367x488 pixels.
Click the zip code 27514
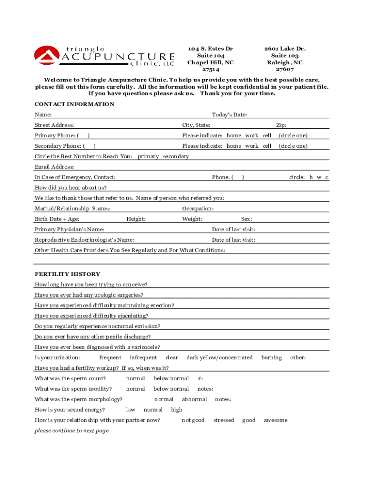click(x=210, y=70)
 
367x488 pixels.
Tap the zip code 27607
click(x=285, y=70)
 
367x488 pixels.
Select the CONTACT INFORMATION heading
click(x=74, y=104)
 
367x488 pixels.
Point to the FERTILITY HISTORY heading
click(x=67, y=274)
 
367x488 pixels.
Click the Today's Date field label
click(x=229, y=114)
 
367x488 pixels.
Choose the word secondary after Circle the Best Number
click(x=176, y=156)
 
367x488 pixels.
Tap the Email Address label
click(x=54, y=167)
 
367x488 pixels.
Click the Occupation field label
click(x=198, y=209)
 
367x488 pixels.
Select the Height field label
click(x=136, y=219)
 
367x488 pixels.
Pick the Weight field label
click(x=192, y=219)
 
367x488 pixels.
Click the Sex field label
click(x=246, y=219)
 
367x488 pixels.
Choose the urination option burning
click(x=271, y=357)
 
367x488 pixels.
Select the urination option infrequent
click(x=143, y=357)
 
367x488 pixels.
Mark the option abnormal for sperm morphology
click(x=194, y=399)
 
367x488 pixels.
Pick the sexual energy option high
click(x=176, y=410)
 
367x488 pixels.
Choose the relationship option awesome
click(x=275, y=420)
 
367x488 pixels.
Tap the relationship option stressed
click(x=224, y=420)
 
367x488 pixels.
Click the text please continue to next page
click(x=71, y=431)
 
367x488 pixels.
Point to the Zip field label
click(x=281, y=125)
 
